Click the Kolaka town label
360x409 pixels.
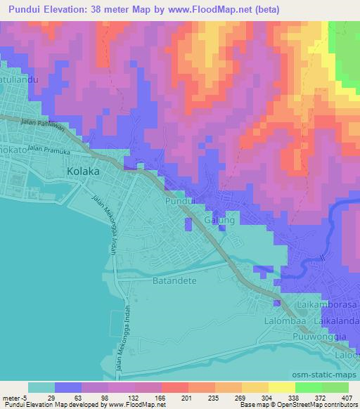[82, 171]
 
